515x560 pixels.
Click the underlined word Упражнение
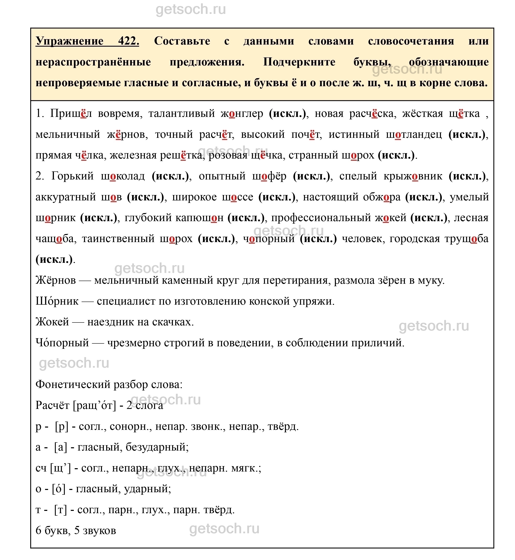[x=70, y=41]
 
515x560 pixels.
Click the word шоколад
[x=123, y=176]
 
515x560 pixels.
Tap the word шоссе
[x=237, y=197]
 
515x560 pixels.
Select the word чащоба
[x=55, y=239]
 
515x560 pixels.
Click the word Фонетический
[x=73, y=384]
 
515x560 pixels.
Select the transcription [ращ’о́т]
[x=94, y=405]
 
